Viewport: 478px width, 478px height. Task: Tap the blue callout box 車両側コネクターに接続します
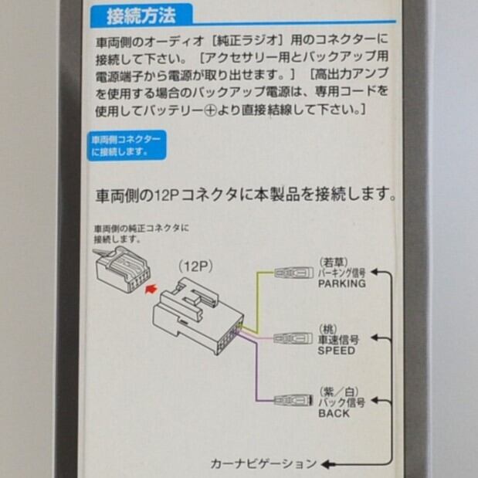(x=127, y=146)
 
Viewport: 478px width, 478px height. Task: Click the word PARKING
(x=341, y=283)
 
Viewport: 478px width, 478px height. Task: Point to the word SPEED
(x=337, y=350)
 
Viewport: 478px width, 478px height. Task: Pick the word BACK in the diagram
(x=334, y=413)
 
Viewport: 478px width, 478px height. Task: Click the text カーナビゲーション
(x=263, y=464)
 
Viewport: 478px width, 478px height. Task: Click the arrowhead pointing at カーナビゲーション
(x=327, y=464)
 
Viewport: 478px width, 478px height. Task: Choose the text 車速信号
(x=337, y=339)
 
